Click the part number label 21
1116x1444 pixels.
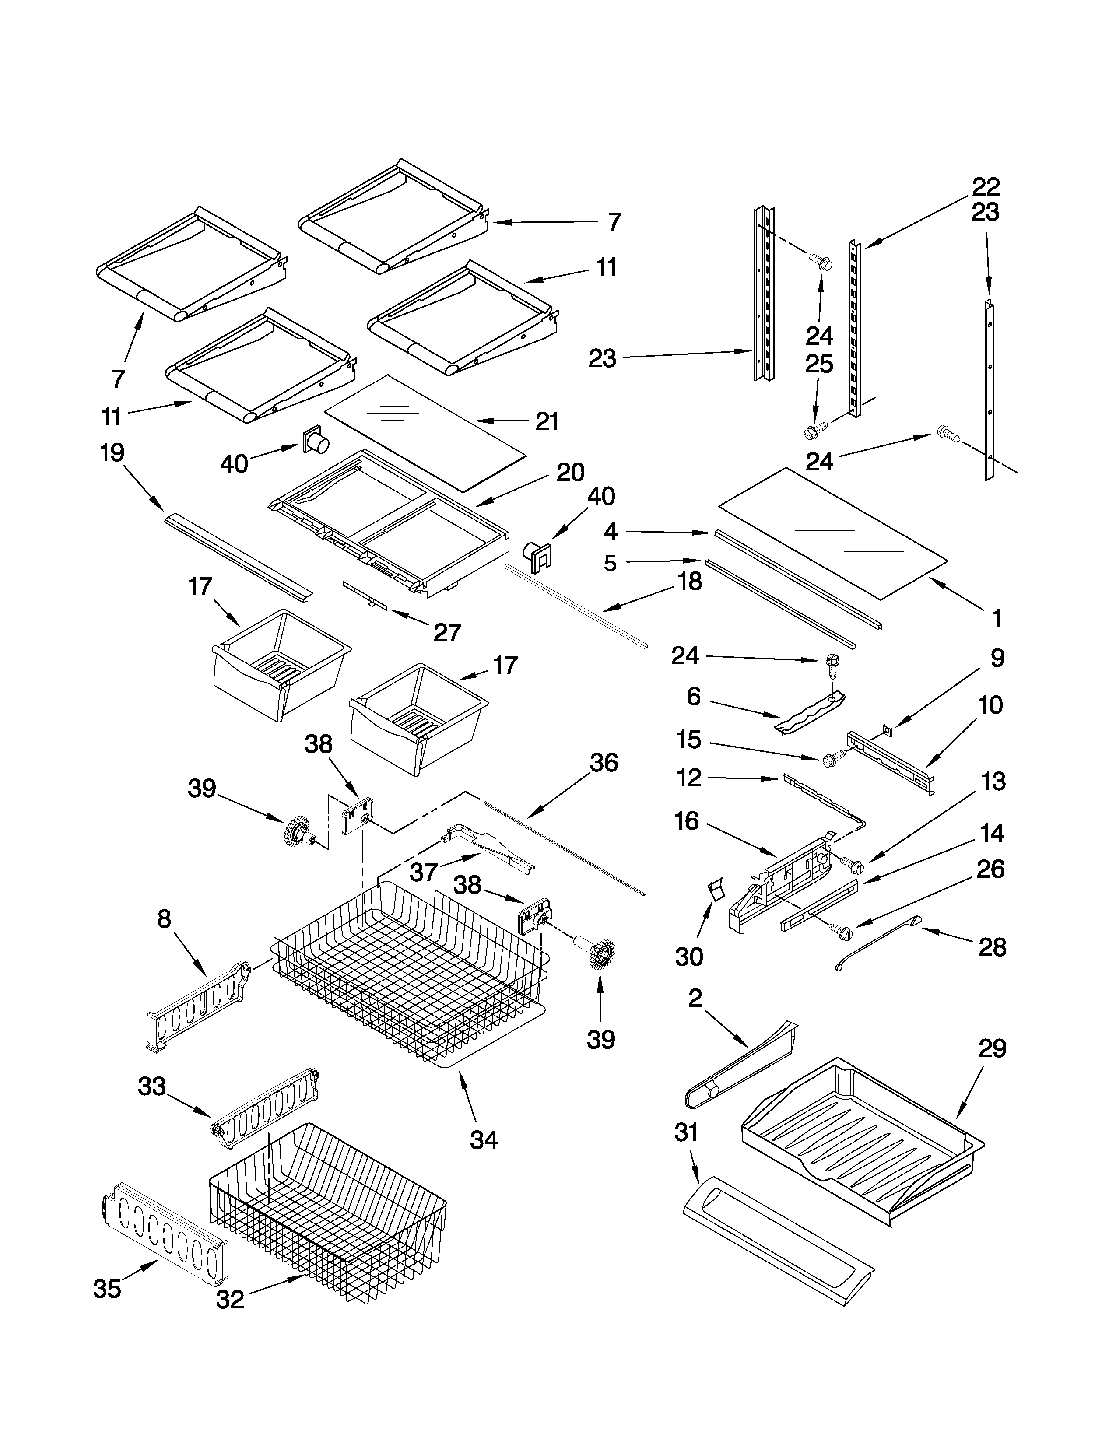pos(547,421)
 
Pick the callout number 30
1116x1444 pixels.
pos(688,956)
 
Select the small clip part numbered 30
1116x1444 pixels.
pos(716,890)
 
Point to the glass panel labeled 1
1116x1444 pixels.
pos(833,532)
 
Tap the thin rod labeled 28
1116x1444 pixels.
pos(873,942)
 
